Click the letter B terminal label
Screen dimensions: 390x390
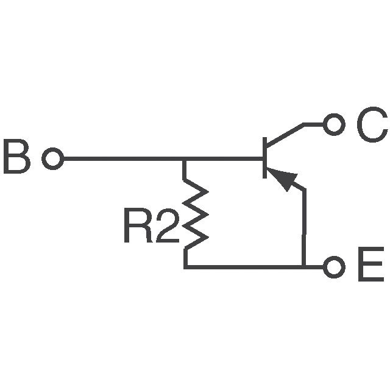tap(16, 158)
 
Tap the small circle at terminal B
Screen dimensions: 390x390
tap(52, 160)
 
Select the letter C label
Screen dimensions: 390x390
tap(371, 126)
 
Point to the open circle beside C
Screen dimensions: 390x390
tap(333, 125)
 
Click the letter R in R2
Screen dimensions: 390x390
tap(138, 226)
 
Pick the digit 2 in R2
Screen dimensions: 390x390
tap(167, 226)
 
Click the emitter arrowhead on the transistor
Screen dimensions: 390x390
tap(284, 179)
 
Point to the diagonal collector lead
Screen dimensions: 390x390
tap(285, 135)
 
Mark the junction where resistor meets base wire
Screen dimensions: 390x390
tap(185, 160)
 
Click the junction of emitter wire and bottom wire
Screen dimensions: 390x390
tap(303, 267)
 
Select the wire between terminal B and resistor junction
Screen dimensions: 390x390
tap(122, 160)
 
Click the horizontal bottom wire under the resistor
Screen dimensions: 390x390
tap(244, 267)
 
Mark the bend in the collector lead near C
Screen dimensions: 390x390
tap(305, 125)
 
